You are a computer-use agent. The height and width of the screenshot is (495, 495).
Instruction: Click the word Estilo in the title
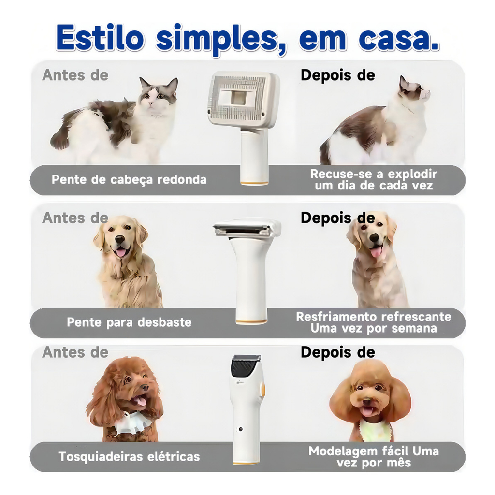[101, 39]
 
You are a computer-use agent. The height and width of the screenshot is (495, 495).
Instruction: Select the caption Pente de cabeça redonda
[129, 179]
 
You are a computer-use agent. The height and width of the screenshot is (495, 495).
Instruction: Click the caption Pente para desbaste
[129, 322]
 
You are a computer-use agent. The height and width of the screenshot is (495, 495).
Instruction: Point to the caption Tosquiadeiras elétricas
[129, 456]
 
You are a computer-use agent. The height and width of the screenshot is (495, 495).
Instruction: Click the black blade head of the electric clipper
[245, 366]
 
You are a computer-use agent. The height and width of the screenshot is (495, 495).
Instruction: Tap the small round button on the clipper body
[241, 429]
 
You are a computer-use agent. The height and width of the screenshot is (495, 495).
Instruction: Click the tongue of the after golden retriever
[375, 252]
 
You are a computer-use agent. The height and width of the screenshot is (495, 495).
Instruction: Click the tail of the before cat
[63, 131]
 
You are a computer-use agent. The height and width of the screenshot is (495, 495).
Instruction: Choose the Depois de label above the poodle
[338, 352]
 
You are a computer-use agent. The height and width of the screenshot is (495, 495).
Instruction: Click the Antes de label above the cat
[75, 75]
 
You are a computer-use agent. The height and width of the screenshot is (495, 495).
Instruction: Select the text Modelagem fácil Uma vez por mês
[374, 457]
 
